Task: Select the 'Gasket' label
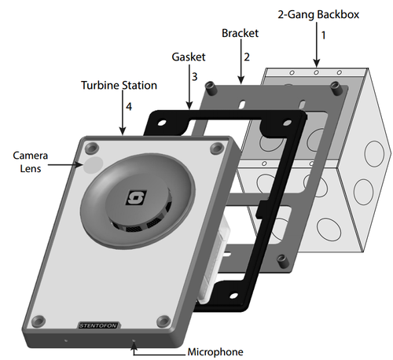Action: [188, 57]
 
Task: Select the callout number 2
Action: [246, 57]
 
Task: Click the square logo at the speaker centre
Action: [137, 197]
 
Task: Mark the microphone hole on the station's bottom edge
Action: [134, 341]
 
